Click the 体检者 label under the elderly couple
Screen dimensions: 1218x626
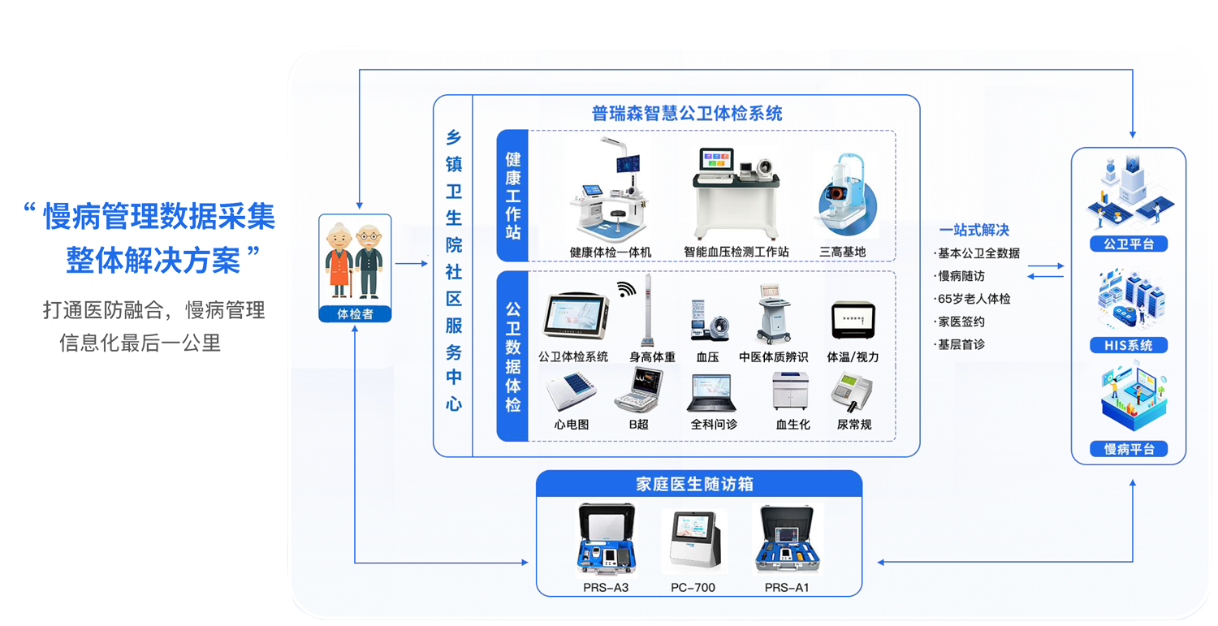[x=355, y=314]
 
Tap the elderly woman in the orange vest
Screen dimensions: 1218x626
[x=339, y=260]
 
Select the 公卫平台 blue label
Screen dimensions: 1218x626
[x=1129, y=244]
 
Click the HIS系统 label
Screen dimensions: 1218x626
[x=1129, y=345]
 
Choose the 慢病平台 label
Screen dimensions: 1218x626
[x=1129, y=449]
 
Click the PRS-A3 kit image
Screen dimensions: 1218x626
[x=606, y=539]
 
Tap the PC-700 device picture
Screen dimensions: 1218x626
[x=694, y=541]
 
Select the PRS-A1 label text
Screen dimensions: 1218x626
[x=787, y=587]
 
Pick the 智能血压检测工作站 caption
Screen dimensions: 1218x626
[x=736, y=252]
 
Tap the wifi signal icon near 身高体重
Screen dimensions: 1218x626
[x=626, y=289]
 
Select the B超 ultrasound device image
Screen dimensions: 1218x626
[x=639, y=390]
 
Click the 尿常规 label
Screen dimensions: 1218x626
[x=854, y=424]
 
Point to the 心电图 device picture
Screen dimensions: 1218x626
[x=571, y=391]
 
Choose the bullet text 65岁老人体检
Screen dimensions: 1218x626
[x=974, y=299]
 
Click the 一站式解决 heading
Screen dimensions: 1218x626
[x=974, y=230]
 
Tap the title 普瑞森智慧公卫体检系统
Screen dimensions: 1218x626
[x=687, y=113]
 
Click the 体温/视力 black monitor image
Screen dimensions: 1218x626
[x=853, y=321]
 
